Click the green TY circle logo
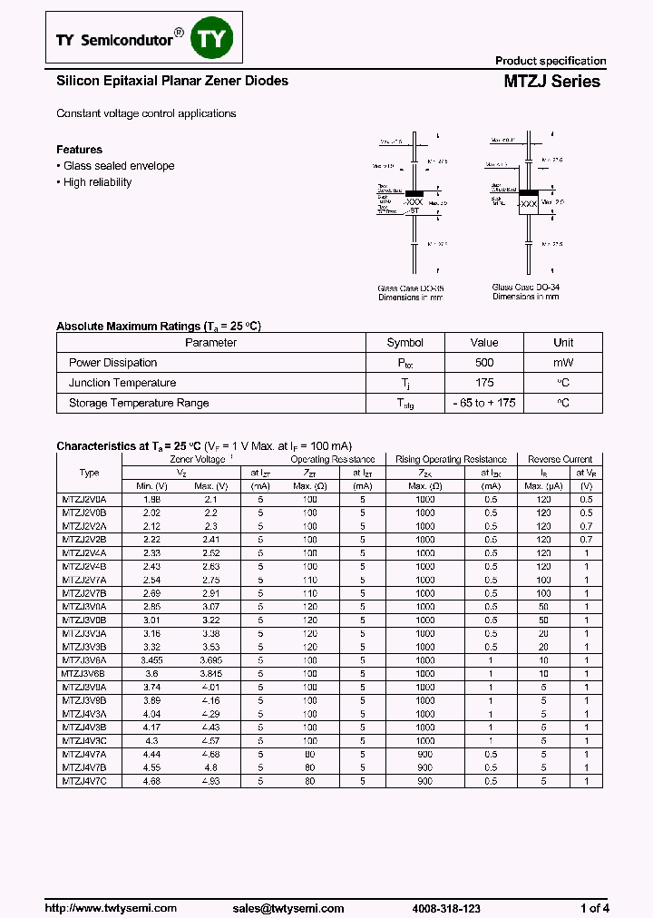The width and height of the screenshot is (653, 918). [x=215, y=39]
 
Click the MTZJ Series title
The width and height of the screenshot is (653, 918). [x=551, y=82]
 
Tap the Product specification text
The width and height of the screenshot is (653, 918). [x=550, y=61]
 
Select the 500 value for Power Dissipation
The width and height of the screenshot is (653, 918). [x=484, y=363]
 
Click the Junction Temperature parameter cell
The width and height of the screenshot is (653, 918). [x=122, y=383]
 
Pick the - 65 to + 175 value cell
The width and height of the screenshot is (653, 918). [x=484, y=403]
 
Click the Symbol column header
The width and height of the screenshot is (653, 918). [x=404, y=343]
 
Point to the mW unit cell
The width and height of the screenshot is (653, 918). [x=563, y=363]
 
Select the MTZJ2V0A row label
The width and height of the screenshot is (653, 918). [x=83, y=500]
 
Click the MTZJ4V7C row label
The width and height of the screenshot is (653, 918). [x=83, y=781]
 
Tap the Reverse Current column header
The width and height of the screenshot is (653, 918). [x=560, y=460]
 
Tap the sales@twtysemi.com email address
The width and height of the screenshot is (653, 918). [x=288, y=908]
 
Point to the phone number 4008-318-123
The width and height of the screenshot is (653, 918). [x=446, y=908]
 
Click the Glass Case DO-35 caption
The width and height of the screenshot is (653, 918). [x=411, y=289]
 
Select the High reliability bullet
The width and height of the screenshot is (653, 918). [x=97, y=182]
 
